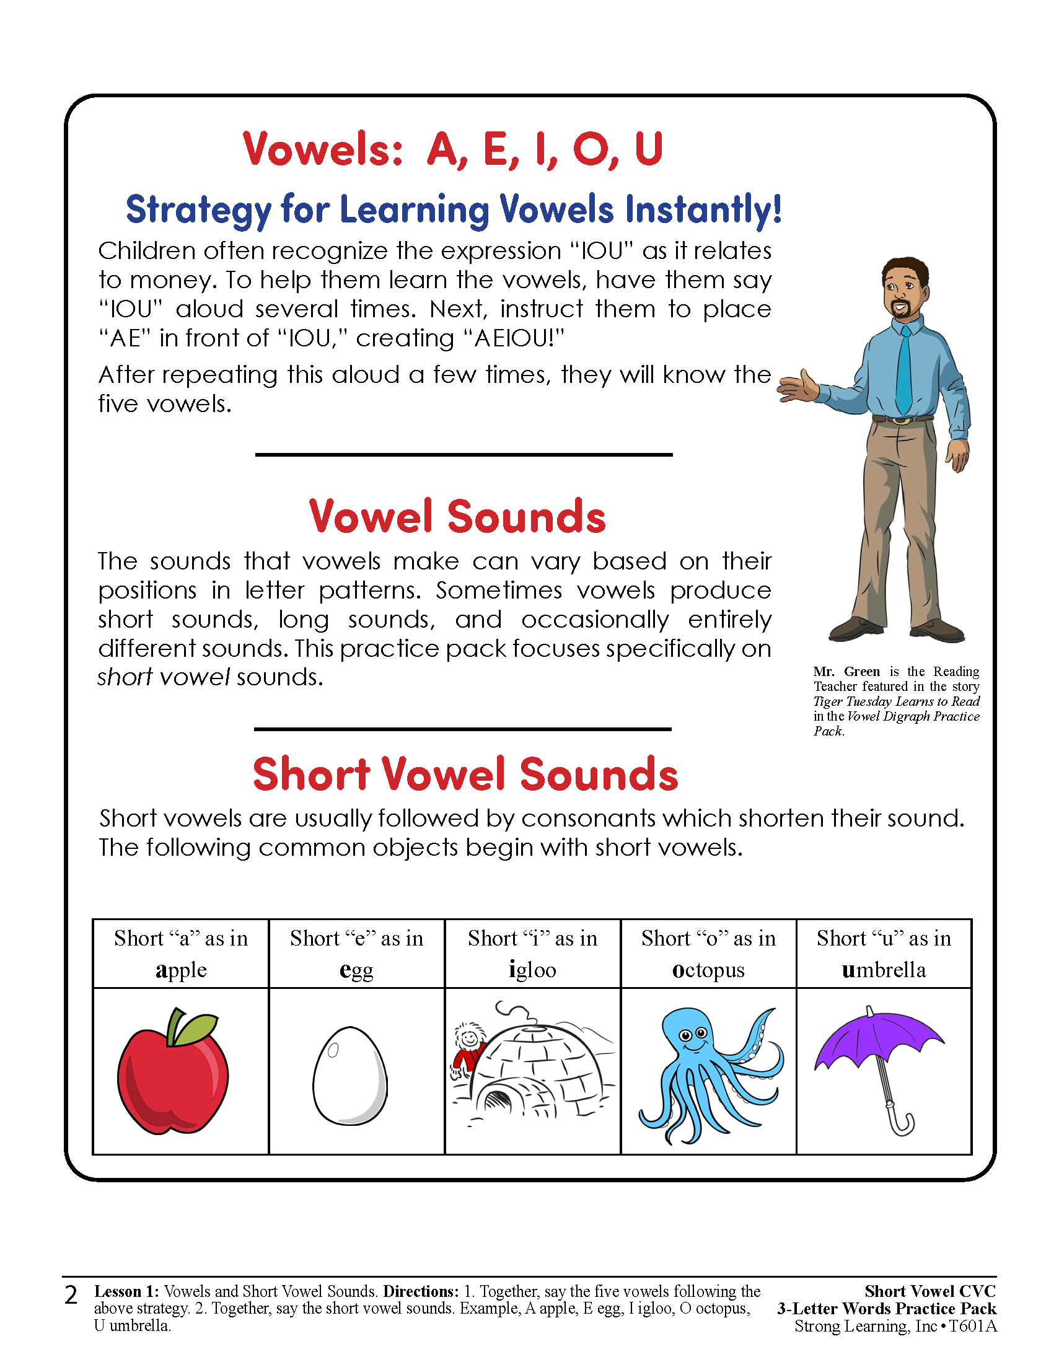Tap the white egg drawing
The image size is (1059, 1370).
[350, 1076]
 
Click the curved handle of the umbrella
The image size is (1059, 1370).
[903, 1123]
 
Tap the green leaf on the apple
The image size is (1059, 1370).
[196, 1029]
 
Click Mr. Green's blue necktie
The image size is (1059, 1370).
[904, 370]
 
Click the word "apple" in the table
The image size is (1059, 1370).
[181, 970]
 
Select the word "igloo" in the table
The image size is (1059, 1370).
[532, 970]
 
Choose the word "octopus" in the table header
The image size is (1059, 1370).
[708, 970]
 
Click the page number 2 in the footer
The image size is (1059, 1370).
[71, 1295]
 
